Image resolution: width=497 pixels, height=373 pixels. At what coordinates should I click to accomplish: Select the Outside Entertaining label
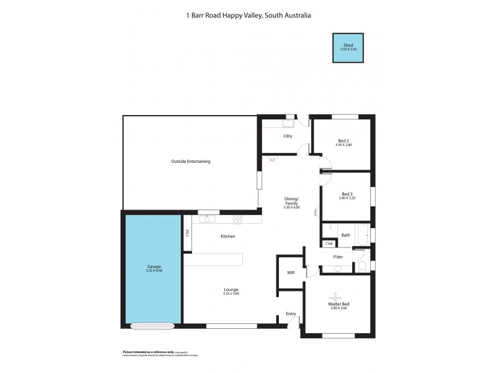tap(191, 162)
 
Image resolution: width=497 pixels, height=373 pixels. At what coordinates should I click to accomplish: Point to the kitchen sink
tap(206, 219)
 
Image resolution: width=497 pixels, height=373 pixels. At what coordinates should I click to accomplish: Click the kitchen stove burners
tap(237, 219)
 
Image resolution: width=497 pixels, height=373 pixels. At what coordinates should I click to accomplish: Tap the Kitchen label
tap(227, 236)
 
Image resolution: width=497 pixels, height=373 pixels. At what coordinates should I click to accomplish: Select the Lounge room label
tap(231, 290)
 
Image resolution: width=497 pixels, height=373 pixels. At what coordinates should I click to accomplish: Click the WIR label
tap(290, 273)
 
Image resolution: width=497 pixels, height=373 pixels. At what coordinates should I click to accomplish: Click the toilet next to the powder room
tap(362, 267)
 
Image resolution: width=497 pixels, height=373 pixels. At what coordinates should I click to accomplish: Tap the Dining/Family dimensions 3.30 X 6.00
tap(291, 207)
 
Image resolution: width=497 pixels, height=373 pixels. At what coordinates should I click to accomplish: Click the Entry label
tap(291, 314)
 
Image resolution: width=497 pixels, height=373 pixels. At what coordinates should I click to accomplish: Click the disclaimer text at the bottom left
tap(160, 353)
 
